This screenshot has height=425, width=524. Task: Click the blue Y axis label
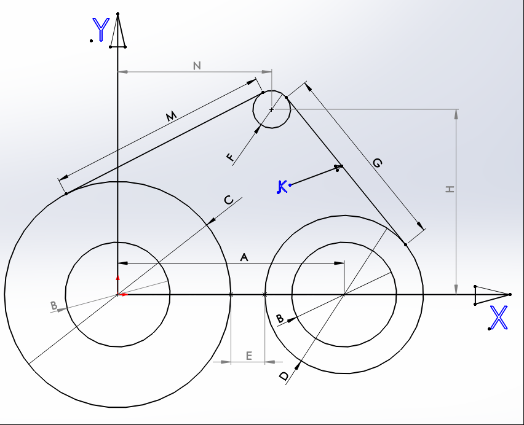(x=101, y=29)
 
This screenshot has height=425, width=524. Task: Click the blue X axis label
(x=499, y=318)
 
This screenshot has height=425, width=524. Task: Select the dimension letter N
(x=197, y=66)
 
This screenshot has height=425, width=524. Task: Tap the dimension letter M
(x=171, y=116)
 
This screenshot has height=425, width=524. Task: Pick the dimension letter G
(x=377, y=163)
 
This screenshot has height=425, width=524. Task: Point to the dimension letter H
(x=450, y=189)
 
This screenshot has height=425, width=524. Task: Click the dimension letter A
(x=244, y=257)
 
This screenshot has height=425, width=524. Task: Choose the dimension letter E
(x=249, y=356)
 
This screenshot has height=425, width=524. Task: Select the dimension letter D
(x=284, y=376)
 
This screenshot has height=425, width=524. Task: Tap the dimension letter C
(x=229, y=200)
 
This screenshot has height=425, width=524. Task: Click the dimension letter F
(x=230, y=157)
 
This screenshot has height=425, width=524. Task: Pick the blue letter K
(x=282, y=187)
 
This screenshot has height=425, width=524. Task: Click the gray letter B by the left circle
(x=54, y=305)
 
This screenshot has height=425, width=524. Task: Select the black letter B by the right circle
(x=280, y=319)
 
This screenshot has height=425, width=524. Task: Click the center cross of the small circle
(x=272, y=109)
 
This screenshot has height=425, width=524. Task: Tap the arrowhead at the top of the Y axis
(x=117, y=31)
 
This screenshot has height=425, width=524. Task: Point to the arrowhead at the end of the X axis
(x=492, y=295)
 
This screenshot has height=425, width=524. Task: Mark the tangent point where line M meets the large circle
(x=66, y=193)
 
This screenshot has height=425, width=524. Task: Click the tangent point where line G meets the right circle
(x=406, y=245)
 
